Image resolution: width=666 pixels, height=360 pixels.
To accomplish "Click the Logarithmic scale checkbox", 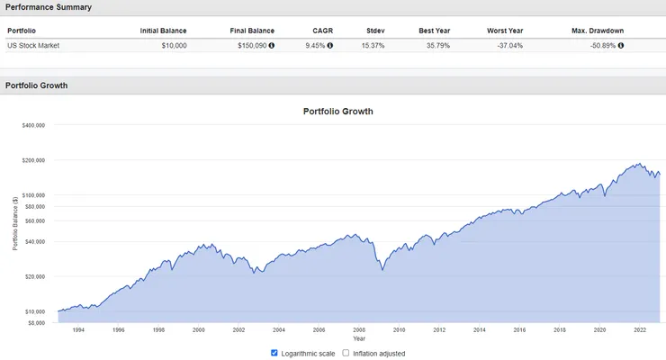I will [275, 354].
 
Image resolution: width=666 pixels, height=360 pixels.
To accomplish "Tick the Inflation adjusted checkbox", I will [346, 354].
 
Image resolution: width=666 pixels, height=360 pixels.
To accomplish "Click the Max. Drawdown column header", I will [597, 31].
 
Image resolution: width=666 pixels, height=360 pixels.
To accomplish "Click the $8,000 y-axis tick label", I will [35, 321].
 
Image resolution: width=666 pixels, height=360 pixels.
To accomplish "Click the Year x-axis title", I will [359, 338].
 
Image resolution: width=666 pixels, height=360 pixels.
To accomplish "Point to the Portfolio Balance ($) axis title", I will [14, 223].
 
